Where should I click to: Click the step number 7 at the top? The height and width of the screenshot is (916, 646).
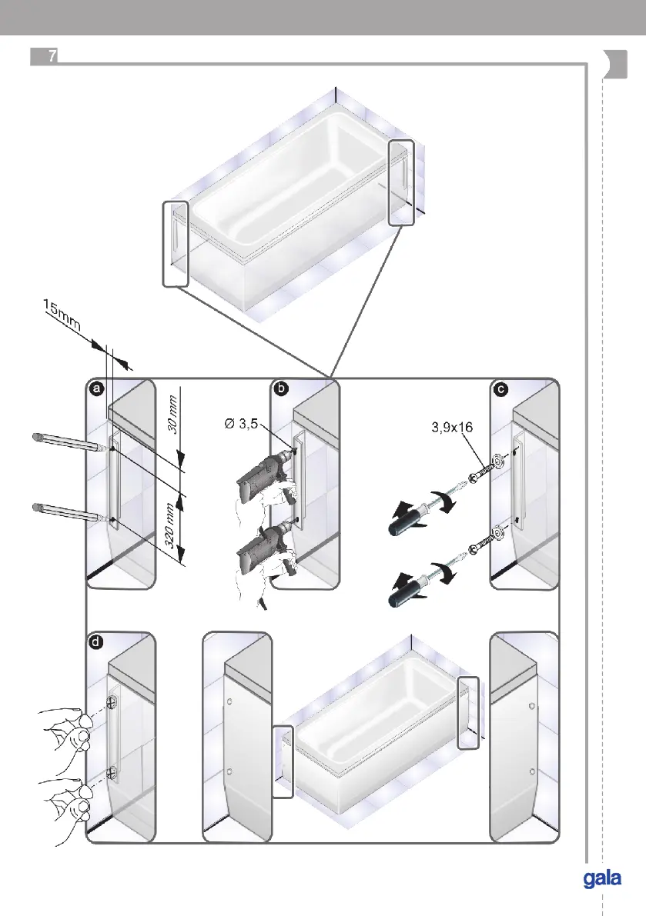[x=51, y=57]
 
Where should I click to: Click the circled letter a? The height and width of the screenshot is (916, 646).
[x=95, y=390]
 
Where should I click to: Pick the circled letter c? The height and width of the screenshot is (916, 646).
[x=501, y=390]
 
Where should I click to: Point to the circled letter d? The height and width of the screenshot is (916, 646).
[x=95, y=642]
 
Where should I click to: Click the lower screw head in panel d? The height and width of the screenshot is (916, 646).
[x=112, y=770]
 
